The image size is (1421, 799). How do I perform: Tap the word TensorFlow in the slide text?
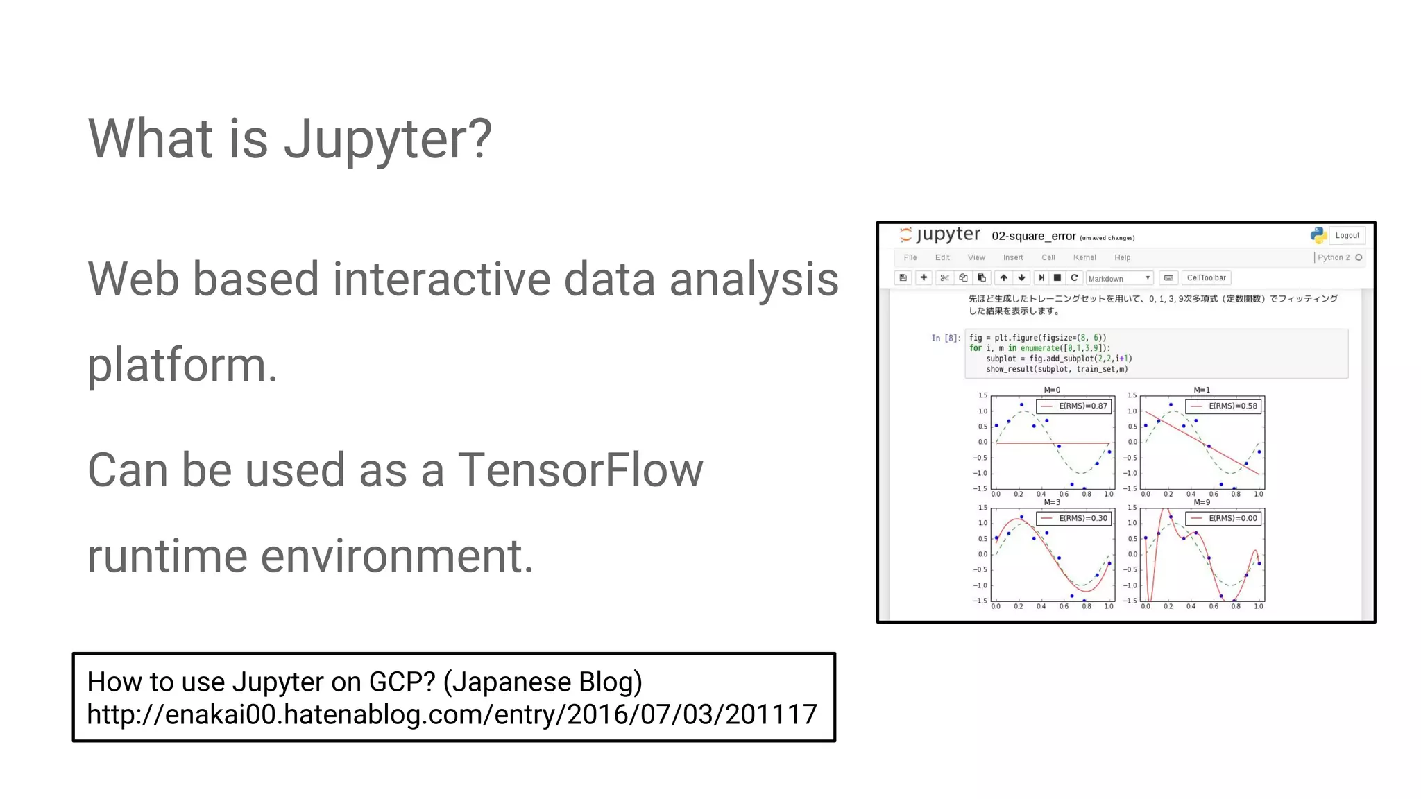580,470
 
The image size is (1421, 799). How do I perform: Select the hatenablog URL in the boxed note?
452,714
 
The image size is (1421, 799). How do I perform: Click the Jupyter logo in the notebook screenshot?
940,234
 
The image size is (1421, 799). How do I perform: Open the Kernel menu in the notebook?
1084,257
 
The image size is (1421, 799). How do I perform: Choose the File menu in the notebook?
910,257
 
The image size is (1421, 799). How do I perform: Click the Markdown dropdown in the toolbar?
1118,278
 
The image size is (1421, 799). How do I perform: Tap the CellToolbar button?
1206,278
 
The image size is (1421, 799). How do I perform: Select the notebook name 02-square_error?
1033,237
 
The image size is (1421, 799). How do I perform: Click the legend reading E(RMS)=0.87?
1074,406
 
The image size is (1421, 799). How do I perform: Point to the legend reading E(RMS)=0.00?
1224,519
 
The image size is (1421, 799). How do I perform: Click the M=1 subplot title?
1202,390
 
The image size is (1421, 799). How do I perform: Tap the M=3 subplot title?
1052,502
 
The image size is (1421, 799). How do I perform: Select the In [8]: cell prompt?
946,338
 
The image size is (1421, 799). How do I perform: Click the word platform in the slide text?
182,366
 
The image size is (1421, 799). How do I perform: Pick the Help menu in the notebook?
1122,257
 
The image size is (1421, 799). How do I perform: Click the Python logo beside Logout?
1318,236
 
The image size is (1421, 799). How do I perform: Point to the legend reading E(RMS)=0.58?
1224,406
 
